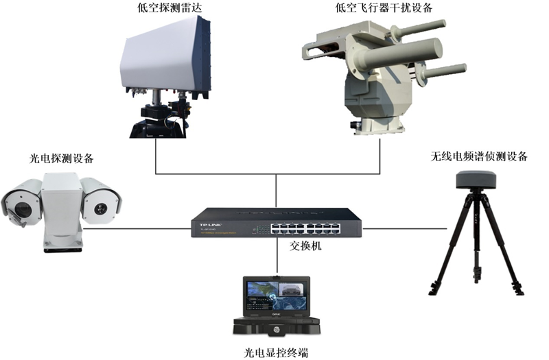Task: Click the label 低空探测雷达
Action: [x=170, y=8]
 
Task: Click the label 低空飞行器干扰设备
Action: [x=384, y=8]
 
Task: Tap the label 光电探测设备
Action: [x=62, y=158]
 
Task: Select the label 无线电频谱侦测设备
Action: [x=479, y=156]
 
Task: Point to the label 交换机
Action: [x=305, y=246]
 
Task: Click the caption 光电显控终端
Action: [x=277, y=352]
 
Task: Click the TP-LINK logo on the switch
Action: [x=211, y=225]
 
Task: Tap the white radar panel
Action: [x=165, y=58]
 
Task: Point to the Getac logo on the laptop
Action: [x=277, y=315]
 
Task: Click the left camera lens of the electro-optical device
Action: [x=23, y=209]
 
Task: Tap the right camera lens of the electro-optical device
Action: [x=100, y=208]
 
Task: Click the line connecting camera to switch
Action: [x=137, y=229]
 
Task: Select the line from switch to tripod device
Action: [x=404, y=229]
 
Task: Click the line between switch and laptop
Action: [x=277, y=255]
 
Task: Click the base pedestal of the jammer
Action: [x=377, y=126]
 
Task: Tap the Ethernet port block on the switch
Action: [x=305, y=228]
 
